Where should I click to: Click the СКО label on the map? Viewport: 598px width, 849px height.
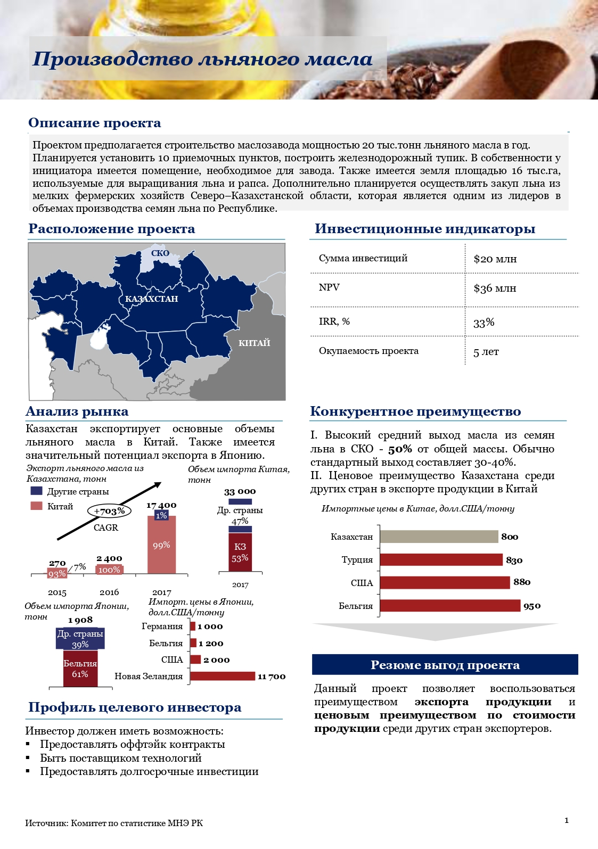[160, 253]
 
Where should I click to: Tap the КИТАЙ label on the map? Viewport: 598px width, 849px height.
[254, 343]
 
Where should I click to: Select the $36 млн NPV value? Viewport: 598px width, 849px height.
[495, 289]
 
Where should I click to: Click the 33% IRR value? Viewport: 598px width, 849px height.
[484, 323]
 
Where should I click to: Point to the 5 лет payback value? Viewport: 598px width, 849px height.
[486, 352]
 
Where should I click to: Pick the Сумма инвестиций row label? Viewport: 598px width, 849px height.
[363, 258]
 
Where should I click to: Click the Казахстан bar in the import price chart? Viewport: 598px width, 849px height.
[439, 537]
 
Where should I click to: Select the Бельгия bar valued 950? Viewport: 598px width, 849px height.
[450, 606]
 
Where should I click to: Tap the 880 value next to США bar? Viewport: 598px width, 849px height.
[522, 582]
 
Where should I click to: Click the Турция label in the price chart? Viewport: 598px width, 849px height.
[357, 560]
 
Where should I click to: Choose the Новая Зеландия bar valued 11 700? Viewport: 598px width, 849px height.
[223, 676]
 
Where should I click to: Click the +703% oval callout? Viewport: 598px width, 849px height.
[109, 511]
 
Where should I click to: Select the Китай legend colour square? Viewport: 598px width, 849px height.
[36, 506]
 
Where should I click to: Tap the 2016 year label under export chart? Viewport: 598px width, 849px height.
[109, 592]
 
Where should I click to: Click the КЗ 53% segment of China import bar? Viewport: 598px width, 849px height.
[240, 552]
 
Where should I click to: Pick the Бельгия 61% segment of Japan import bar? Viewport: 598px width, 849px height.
[80, 669]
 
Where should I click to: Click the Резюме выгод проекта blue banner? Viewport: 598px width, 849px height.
[445, 665]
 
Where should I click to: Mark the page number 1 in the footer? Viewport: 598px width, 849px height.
[567, 820]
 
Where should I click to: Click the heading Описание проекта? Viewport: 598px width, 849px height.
[94, 123]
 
